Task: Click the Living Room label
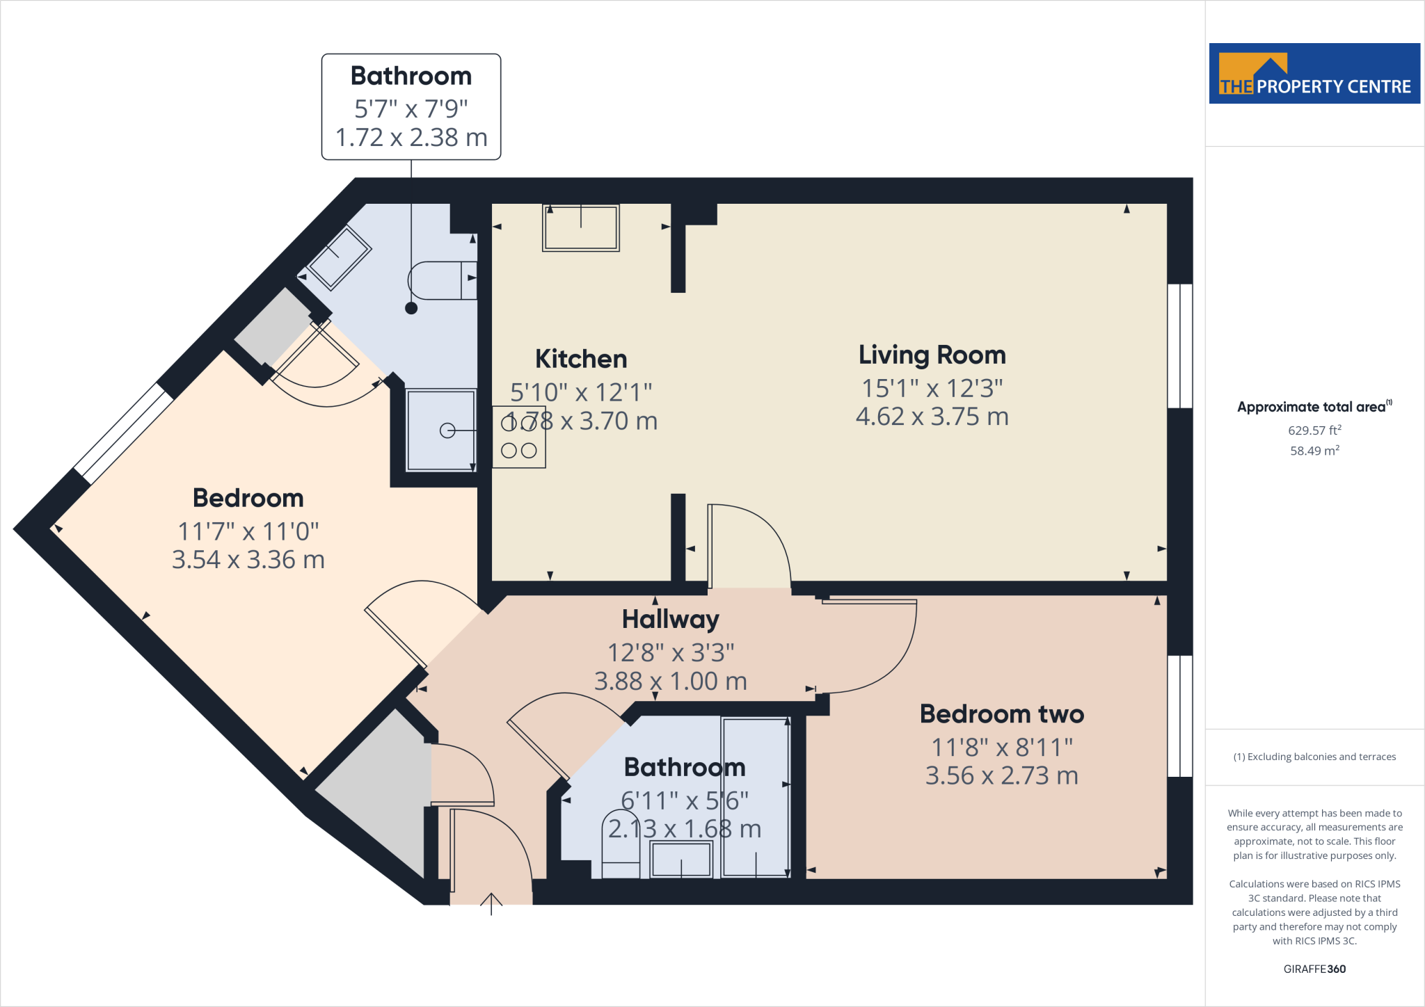point(932,355)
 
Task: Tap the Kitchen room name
point(581,359)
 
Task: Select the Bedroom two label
point(1001,714)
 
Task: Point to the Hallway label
point(670,619)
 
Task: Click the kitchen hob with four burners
point(519,437)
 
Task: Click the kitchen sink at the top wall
point(581,227)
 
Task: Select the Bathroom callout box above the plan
point(411,106)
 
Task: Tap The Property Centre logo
point(1314,74)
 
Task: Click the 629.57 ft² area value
point(1314,430)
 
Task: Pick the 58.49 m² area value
point(1314,451)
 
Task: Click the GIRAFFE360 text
point(1314,969)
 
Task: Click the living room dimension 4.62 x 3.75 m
point(932,417)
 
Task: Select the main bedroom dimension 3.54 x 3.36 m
point(248,560)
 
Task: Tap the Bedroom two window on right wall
point(1179,716)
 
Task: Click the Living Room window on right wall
point(1179,346)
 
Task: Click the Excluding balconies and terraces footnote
point(1314,757)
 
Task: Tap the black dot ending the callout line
point(411,308)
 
